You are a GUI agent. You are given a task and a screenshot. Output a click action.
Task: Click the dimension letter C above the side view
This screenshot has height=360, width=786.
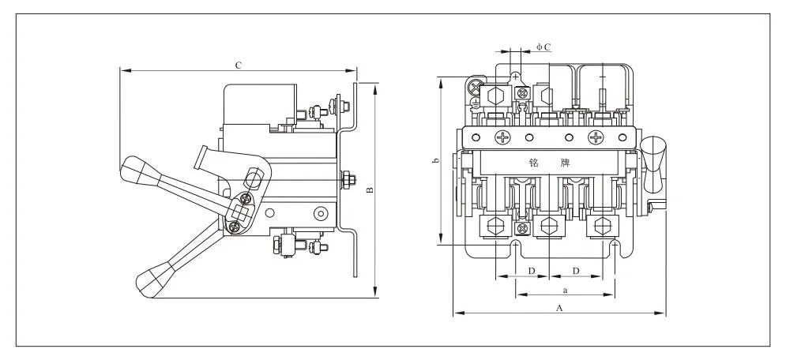point(239,65)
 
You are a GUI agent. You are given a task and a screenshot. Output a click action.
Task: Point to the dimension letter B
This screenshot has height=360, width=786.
point(370,191)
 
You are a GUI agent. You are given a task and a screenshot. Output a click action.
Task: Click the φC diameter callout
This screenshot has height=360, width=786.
point(544,47)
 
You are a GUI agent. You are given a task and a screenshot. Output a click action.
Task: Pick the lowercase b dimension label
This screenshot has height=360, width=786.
point(436,161)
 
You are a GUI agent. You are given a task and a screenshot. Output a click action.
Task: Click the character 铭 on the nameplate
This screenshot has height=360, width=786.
point(534,163)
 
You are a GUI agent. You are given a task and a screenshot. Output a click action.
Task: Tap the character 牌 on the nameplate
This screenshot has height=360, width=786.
point(566,163)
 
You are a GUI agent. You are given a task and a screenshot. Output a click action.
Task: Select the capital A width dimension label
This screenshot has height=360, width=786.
point(560,308)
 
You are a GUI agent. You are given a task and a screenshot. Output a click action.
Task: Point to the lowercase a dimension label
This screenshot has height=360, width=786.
point(566,290)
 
